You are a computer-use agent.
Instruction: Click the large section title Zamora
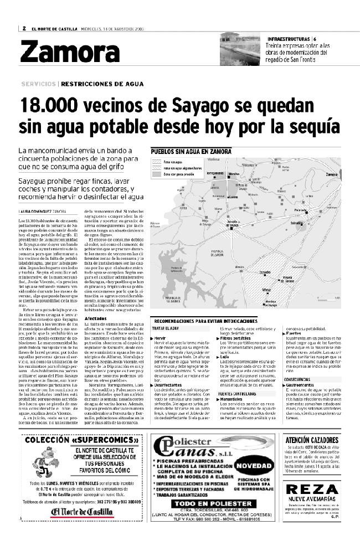click(x=70, y=53)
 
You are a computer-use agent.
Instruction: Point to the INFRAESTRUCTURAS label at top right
click(x=289, y=38)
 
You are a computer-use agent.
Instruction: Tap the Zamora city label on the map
click(x=332, y=174)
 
